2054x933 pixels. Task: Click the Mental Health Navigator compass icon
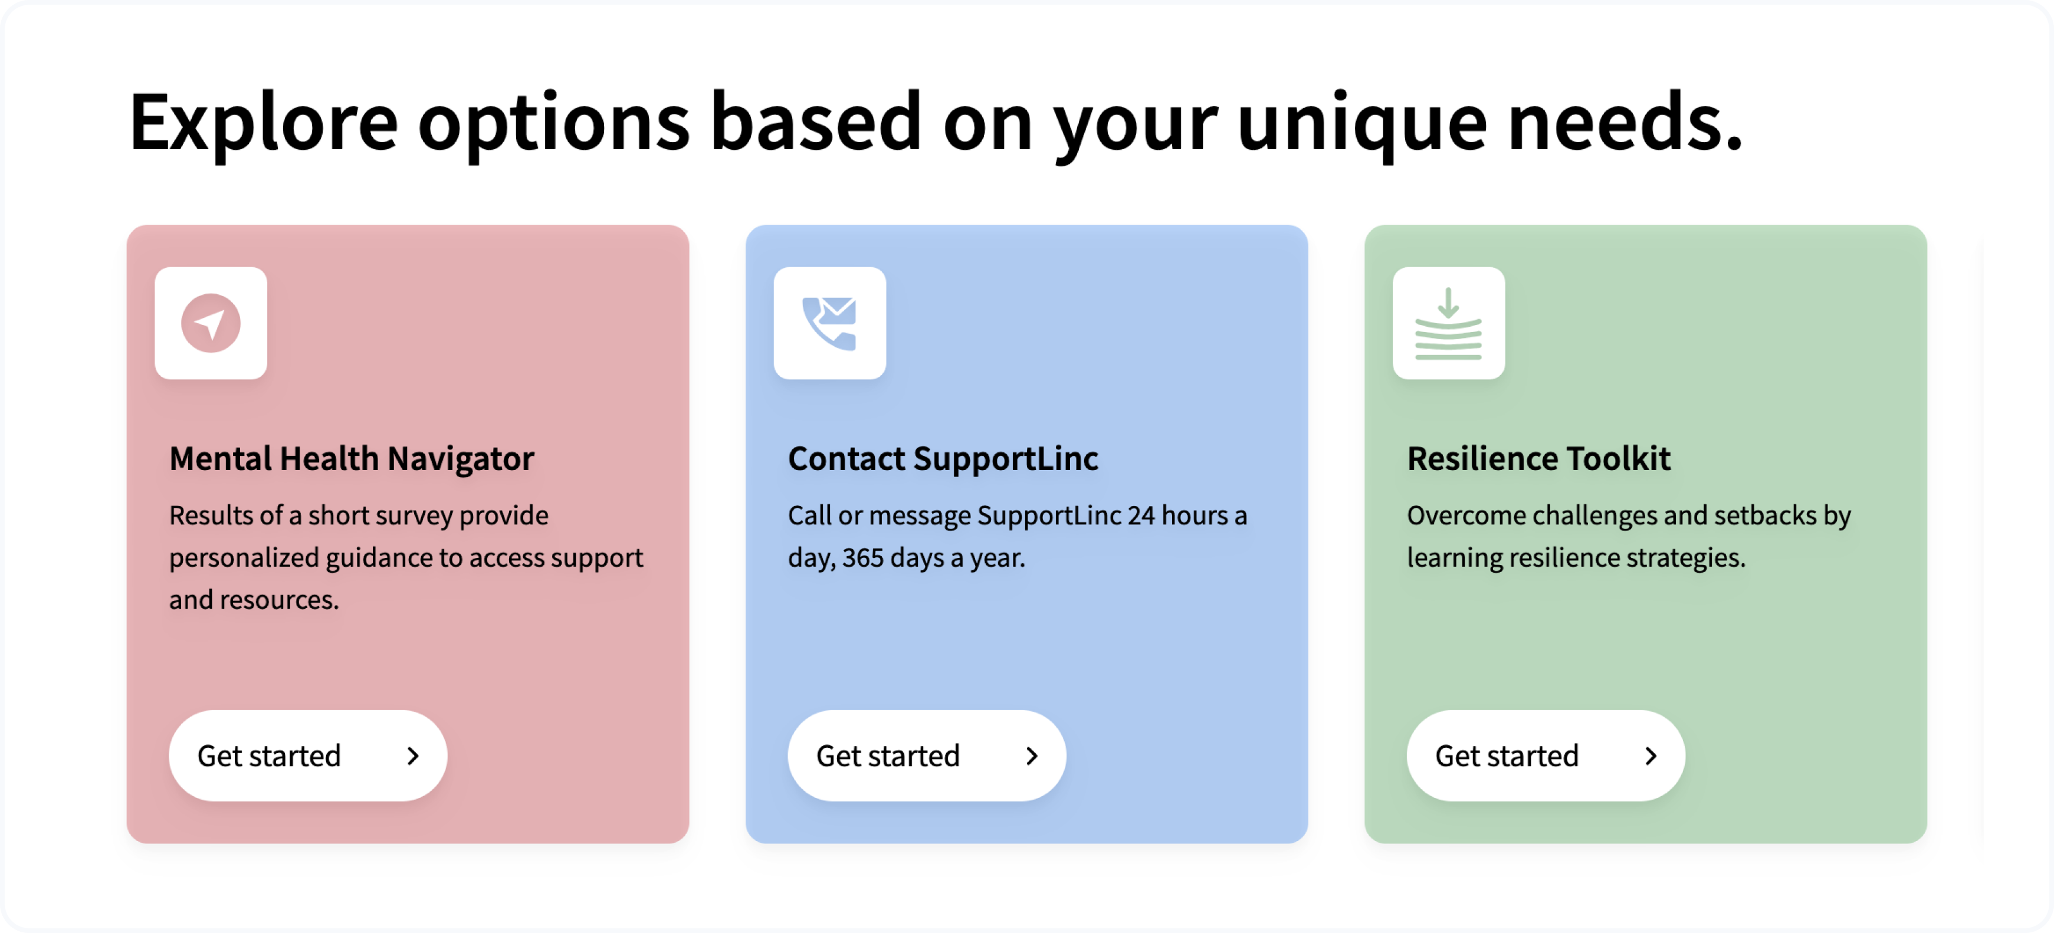[211, 323]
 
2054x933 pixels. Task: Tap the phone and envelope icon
[829, 323]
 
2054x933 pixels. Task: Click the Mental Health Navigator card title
[352, 458]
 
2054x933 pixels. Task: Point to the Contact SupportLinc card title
[943, 458]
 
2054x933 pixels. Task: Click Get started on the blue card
[927, 755]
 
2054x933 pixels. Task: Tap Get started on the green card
[1546, 755]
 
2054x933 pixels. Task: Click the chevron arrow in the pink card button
[413, 755]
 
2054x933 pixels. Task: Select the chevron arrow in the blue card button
[1032, 755]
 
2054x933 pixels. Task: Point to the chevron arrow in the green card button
[1651, 755]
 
